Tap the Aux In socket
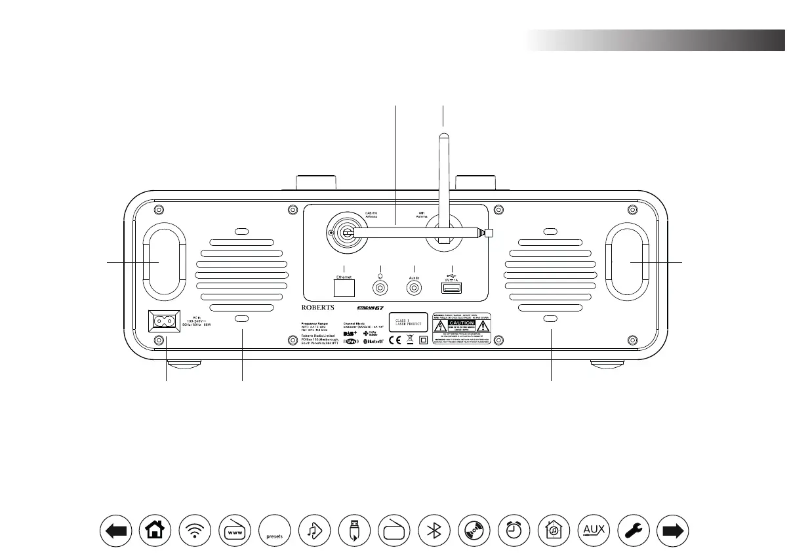click(x=414, y=287)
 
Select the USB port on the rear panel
click(x=451, y=289)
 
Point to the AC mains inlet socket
click(x=165, y=321)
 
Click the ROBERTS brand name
click(x=317, y=307)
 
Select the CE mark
click(x=395, y=340)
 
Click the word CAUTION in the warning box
click(x=461, y=323)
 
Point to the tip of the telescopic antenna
click(x=489, y=233)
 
